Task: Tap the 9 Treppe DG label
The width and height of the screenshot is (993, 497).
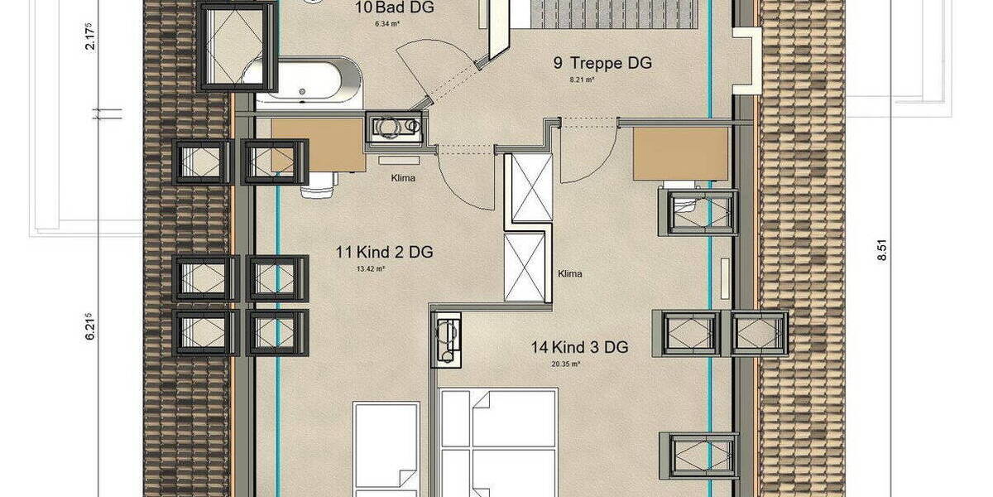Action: coord(602,63)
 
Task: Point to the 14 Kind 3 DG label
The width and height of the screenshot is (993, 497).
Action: coord(578,347)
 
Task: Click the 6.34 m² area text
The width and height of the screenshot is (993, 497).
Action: coord(386,24)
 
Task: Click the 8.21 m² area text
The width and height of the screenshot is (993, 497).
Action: coord(583,80)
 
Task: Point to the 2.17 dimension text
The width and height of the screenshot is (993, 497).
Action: coord(90,36)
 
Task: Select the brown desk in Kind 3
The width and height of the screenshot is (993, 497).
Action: coord(680,153)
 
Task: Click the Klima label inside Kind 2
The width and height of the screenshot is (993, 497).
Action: coord(403,177)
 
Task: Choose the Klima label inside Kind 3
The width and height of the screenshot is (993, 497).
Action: coord(570,273)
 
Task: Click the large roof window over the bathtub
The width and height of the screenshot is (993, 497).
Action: coord(237,45)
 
